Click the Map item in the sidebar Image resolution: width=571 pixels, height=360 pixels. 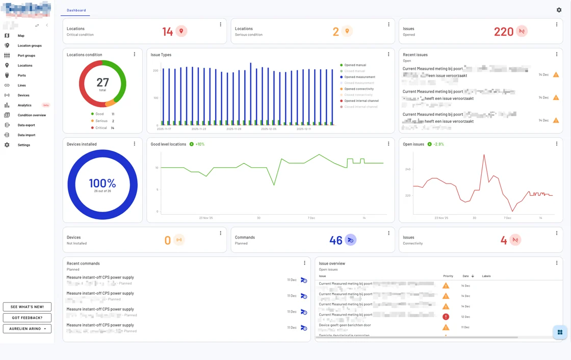21,36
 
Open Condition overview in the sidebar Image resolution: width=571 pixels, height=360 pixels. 32,115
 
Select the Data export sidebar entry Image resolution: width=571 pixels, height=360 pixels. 26,125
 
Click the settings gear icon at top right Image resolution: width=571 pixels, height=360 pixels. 559,10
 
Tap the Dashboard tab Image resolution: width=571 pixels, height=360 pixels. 76,10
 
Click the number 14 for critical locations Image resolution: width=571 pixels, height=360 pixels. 168,32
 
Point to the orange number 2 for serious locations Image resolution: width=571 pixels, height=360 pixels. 335,32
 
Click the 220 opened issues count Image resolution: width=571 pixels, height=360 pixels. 503,32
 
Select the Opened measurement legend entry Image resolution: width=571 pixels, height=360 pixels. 359,77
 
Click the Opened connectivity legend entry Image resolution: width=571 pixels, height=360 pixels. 358,89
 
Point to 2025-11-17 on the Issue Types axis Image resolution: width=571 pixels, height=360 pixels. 164,129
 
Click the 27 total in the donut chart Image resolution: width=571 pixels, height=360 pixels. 102,82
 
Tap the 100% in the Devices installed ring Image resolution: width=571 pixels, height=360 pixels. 102,183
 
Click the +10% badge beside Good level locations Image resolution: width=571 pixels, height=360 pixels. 197,144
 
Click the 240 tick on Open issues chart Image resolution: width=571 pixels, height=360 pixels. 408,169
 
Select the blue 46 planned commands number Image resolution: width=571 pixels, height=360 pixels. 335,240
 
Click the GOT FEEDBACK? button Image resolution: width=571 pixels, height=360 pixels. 27,318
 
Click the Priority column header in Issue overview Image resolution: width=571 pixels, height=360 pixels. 448,276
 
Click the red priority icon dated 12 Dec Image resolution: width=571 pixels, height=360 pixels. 446,317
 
